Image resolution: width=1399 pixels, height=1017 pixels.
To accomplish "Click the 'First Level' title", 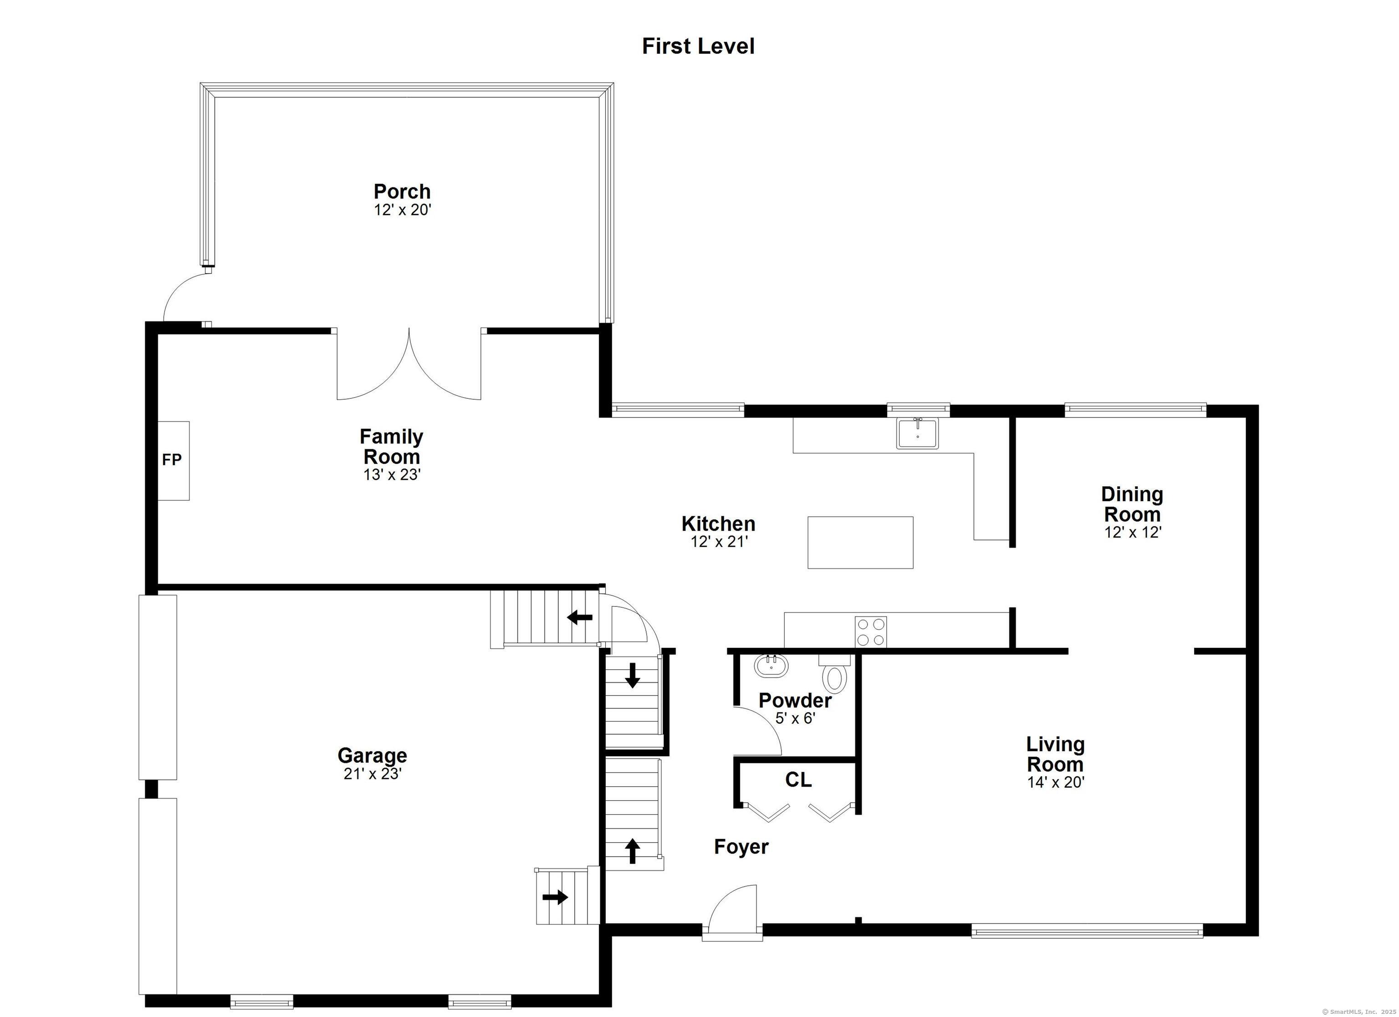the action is [x=698, y=46].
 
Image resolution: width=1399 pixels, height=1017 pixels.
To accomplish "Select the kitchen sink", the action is [x=917, y=432].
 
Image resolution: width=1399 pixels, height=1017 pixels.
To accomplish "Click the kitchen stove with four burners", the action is [x=870, y=631].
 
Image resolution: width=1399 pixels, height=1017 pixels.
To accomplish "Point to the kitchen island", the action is [x=861, y=542].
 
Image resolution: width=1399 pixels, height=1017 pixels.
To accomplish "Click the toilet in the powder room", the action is [x=835, y=673].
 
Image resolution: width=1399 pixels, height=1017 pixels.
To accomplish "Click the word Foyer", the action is [x=741, y=847].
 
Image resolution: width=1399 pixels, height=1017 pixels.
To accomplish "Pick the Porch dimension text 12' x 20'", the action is [x=402, y=210].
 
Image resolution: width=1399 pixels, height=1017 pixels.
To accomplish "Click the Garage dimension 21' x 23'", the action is [x=373, y=773].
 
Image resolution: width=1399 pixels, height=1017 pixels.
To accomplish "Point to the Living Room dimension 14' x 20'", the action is [x=1056, y=782].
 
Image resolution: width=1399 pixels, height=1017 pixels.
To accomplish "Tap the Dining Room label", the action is [x=1132, y=504].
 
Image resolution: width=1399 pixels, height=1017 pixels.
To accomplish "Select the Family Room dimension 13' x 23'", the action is [x=392, y=474].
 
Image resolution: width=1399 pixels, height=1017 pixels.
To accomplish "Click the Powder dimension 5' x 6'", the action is [x=795, y=718].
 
